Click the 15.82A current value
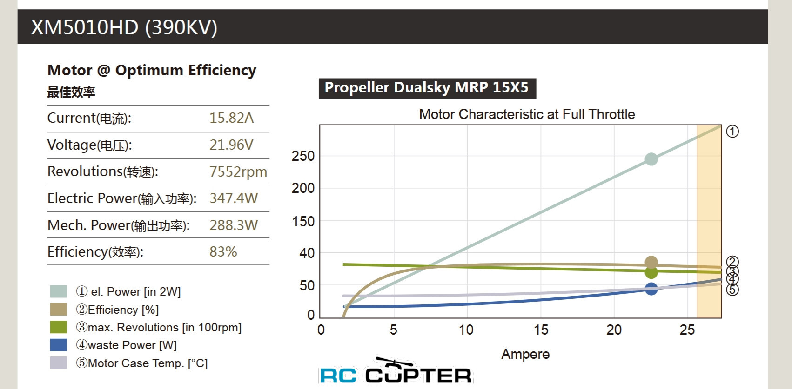click(231, 118)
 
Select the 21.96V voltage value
click(231, 145)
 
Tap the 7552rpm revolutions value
click(238, 171)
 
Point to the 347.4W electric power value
click(234, 198)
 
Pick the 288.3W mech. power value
click(234, 225)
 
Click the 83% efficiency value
click(223, 252)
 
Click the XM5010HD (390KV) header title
click(124, 27)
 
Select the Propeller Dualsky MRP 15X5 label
click(427, 88)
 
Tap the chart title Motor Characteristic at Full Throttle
click(527, 114)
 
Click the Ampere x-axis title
click(525, 354)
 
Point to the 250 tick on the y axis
click(303, 156)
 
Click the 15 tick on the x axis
click(541, 330)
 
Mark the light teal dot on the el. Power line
click(651, 159)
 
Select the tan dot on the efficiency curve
click(651, 263)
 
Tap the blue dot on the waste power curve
click(651, 289)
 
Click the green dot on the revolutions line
click(651, 273)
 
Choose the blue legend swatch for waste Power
click(59, 345)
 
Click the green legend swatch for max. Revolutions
click(59, 327)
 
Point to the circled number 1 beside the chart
click(732, 132)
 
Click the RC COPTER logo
click(396, 372)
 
